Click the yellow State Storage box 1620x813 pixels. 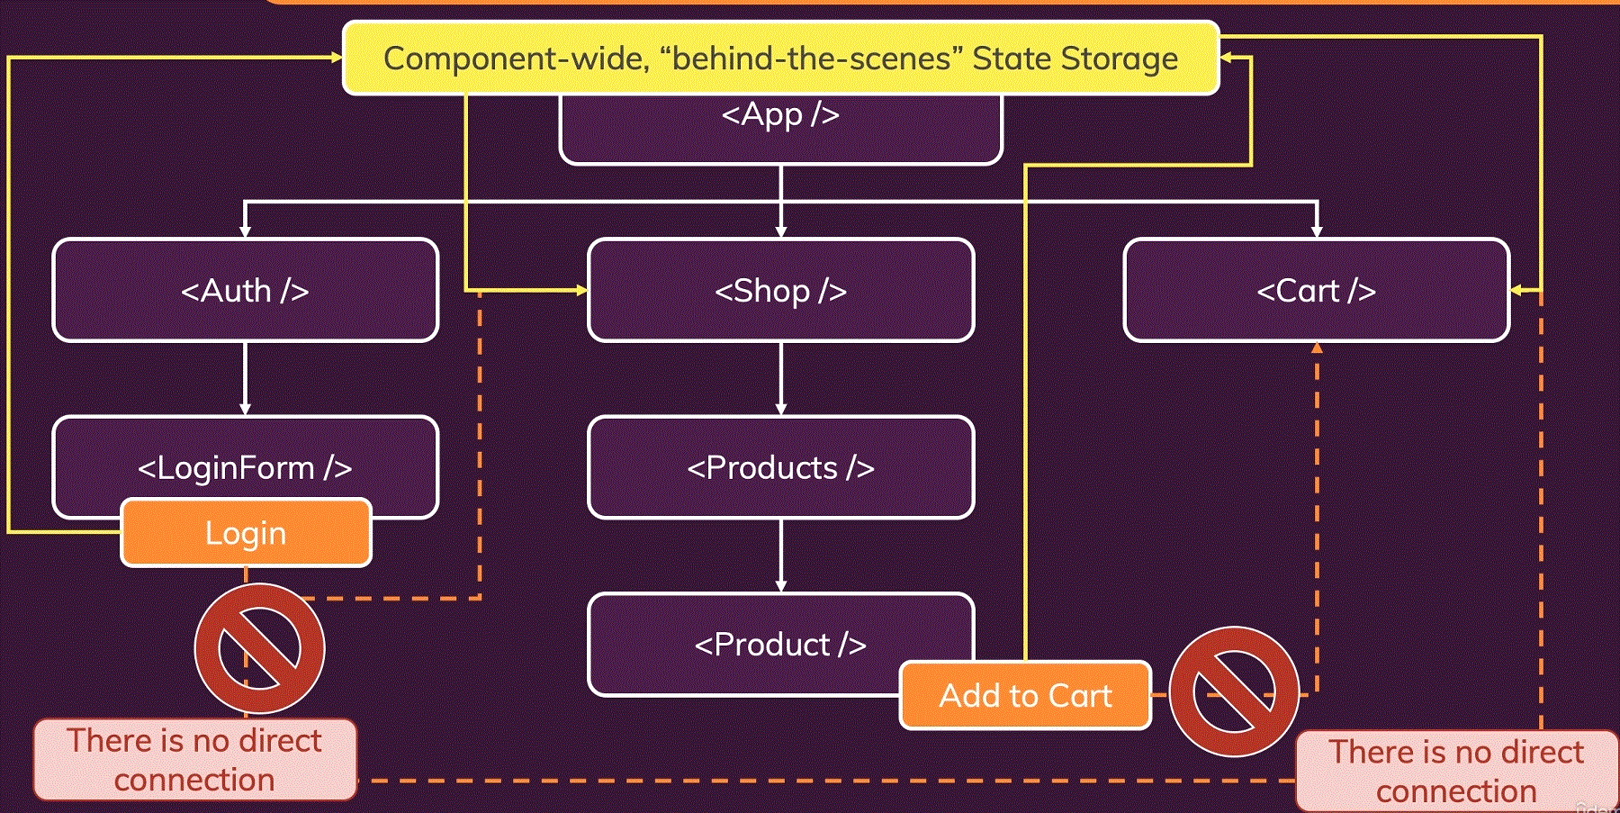781,59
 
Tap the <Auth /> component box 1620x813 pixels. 246,290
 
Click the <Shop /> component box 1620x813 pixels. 781,290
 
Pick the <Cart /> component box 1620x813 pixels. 1317,290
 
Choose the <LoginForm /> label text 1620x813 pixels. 245,468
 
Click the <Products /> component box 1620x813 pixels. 781,467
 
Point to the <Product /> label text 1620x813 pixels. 780,645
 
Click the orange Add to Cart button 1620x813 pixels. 1026,695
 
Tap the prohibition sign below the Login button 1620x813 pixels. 259,648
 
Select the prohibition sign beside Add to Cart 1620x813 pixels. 1235,691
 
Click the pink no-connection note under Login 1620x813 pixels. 195,760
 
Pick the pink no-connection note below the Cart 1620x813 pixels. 1457,772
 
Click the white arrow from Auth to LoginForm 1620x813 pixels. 245,378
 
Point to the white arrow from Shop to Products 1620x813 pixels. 781,378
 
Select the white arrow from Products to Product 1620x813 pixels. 781,556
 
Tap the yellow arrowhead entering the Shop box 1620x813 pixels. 581,290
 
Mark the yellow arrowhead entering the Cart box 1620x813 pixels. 1516,290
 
